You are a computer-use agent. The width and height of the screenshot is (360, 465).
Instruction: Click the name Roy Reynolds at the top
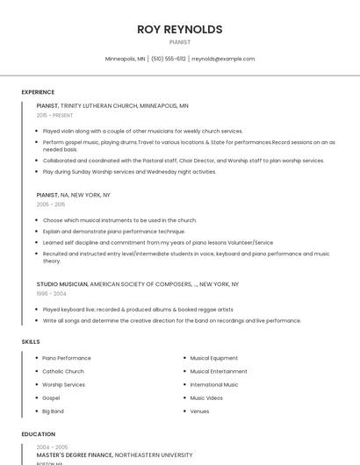pyautogui.click(x=180, y=29)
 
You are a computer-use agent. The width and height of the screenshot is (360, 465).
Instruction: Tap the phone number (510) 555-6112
pyautogui.click(x=168, y=59)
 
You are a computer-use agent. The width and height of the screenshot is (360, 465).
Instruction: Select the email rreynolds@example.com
pyautogui.click(x=223, y=59)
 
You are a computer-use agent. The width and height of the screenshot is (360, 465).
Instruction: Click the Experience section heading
pyautogui.click(x=38, y=92)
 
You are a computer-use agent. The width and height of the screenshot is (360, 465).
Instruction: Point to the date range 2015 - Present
pyautogui.click(x=54, y=115)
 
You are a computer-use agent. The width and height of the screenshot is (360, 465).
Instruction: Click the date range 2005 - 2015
pyautogui.click(x=51, y=204)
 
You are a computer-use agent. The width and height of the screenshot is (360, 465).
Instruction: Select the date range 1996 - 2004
pyautogui.click(x=51, y=294)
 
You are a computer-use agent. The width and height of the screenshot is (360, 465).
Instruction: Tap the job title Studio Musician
pyautogui.click(x=62, y=284)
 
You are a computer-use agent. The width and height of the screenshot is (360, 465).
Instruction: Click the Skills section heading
pyautogui.click(x=31, y=341)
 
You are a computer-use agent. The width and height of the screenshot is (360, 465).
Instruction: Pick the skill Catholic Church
pyautogui.click(x=63, y=371)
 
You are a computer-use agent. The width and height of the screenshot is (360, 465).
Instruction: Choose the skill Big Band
pyautogui.click(x=53, y=411)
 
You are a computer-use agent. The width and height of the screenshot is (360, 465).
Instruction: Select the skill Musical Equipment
pyautogui.click(x=213, y=358)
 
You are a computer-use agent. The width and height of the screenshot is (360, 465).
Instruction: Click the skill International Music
pyautogui.click(x=214, y=384)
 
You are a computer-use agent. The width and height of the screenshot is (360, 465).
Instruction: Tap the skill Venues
pyautogui.click(x=199, y=411)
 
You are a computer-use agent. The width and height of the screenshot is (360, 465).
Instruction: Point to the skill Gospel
pyautogui.click(x=51, y=397)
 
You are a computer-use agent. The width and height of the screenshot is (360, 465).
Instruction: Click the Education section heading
pyautogui.click(x=38, y=434)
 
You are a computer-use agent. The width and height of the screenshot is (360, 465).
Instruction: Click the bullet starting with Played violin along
pyautogui.click(x=142, y=131)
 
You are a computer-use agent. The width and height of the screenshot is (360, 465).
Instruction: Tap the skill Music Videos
pyautogui.click(x=206, y=397)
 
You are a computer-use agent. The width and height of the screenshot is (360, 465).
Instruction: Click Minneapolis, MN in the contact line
pyautogui.click(x=125, y=59)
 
